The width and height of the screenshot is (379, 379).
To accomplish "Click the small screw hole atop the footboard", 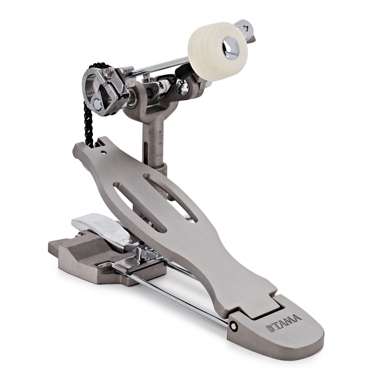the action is [x=103, y=152].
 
